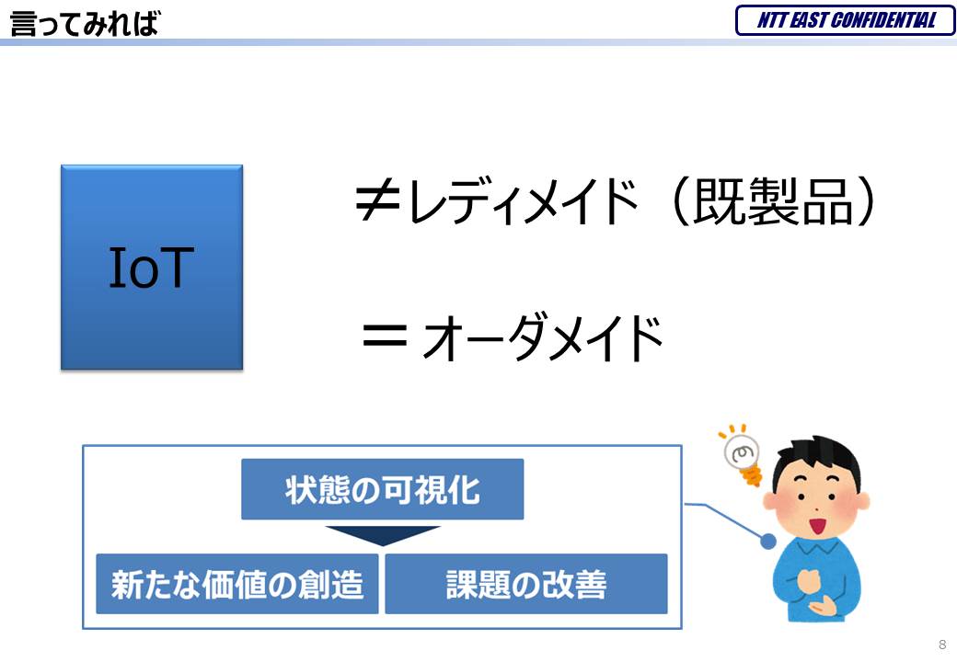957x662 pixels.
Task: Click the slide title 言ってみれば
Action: [85, 24]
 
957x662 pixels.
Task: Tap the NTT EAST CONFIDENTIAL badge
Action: [846, 20]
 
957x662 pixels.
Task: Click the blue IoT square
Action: [152, 267]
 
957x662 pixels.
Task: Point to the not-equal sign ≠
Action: [377, 201]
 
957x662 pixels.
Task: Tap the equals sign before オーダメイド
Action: [385, 336]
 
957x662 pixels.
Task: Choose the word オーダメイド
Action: [543, 337]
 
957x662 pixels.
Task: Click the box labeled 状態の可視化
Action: [382, 489]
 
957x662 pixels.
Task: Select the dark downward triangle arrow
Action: [383, 534]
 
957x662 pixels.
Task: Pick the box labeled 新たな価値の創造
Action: [237, 583]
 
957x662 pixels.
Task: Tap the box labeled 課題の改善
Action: [526, 583]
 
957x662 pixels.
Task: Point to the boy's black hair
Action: [818, 461]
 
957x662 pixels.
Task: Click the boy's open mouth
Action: [816, 524]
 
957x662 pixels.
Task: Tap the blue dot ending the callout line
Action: [769, 540]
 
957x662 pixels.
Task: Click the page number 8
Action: [942, 645]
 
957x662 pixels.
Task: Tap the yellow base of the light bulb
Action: [752, 474]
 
